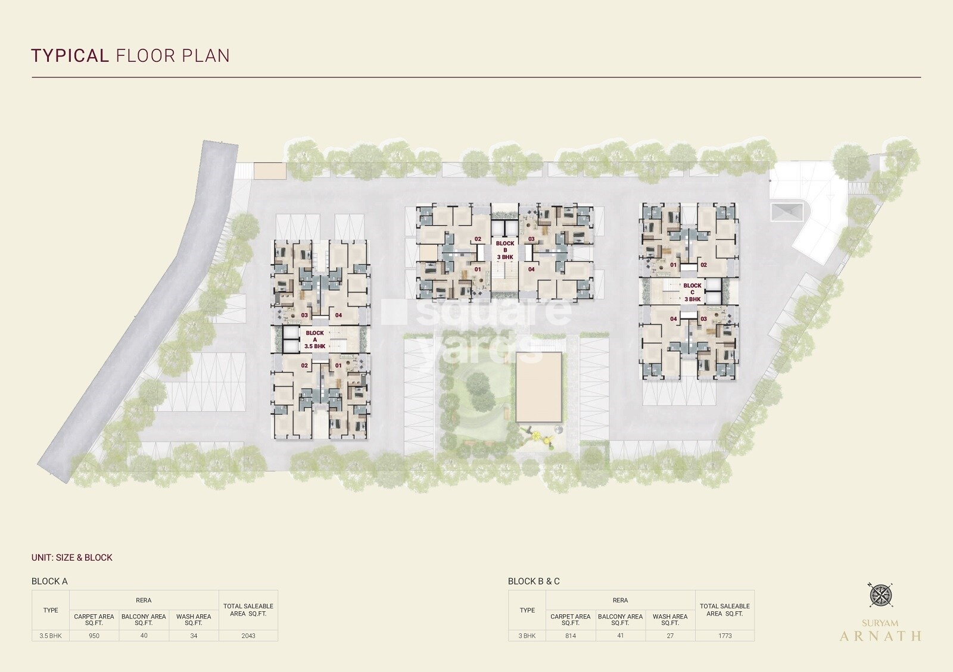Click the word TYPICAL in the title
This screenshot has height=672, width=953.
(x=70, y=56)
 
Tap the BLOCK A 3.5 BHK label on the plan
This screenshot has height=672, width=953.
(x=315, y=340)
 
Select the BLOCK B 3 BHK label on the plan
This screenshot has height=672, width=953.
(x=505, y=251)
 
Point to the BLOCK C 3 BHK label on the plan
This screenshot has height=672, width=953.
(x=692, y=292)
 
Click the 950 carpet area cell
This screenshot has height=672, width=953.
(x=94, y=636)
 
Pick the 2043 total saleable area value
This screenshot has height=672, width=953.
(x=248, y=636)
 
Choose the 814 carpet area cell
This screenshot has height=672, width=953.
(x=571, y=636)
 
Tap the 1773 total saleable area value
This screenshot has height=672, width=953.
(x=725, y=636)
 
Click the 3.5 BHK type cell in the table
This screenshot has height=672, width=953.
(x=51, y=636)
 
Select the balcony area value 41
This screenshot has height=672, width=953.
(x=620, y=636)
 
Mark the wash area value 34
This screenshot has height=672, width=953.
(x=194, y=636)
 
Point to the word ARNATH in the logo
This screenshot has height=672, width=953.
(x=880, y=636)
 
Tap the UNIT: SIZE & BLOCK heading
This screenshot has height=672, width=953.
(x=72, y=558)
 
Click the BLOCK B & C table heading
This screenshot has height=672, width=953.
(x=534, y=582)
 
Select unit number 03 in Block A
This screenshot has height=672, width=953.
(x=304, y=315)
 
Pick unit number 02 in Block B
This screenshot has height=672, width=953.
(x=478, y=239)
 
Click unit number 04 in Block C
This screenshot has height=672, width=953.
(x=674, y=319)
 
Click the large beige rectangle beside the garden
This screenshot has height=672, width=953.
(x=538, y=387)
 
